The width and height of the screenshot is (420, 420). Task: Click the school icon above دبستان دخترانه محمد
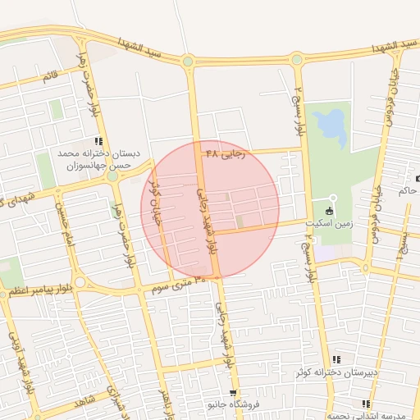tap(98, 141)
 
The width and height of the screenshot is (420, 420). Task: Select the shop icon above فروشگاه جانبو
tap(234, 393)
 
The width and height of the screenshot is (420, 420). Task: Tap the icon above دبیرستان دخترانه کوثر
tap(336, 359)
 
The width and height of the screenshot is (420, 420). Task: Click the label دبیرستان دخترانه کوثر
tap(336, 372)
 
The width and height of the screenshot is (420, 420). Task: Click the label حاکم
tap(403, 190)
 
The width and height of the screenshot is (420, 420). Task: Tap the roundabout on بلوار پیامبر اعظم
tap(80, 283)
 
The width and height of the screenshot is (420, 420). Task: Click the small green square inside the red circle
tap(240, 221)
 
